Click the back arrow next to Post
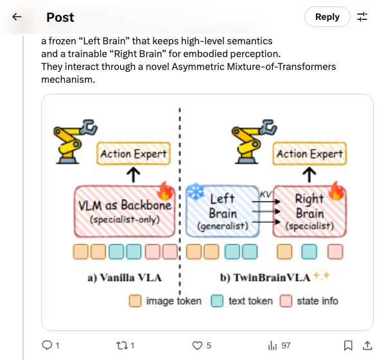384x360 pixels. pyautogui.click(x=17, y=17)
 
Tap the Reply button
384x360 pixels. pyautogui.click(x=327, y=17)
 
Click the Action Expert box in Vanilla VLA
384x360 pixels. pyautogui.click(x=134, y=154)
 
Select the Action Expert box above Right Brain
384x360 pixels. pyautogui.click(x=310, y=154)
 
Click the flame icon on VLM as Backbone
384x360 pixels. pyautogui.click(x=166, y=191)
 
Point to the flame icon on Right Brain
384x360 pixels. pyautogui.click(x=337, y=191)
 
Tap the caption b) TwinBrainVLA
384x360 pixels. pyautogui.click(x=265, y=278)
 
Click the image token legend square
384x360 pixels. pyautogui.click(x=135, y=300)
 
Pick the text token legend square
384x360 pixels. pyautogui.click(x=217, y=300)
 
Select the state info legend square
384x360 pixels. pyautogui.click(x=286, y=300)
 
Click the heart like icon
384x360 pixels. pyautogui.click(x=198, y=345)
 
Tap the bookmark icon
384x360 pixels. pyautogui.click(x=348, y=345)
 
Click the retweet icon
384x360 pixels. pyautogui.click(x=120, y=345)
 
